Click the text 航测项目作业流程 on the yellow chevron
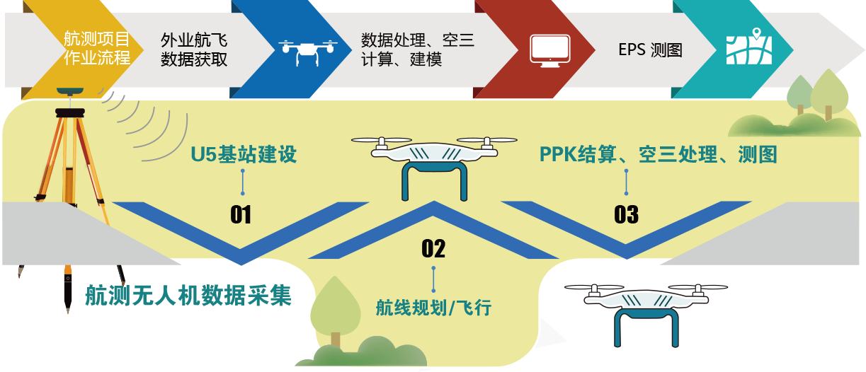97,48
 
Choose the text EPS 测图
650,50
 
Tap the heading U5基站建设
244,154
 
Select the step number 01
241,214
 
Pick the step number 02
433,248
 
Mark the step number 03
627,214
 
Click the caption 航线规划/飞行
433,308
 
